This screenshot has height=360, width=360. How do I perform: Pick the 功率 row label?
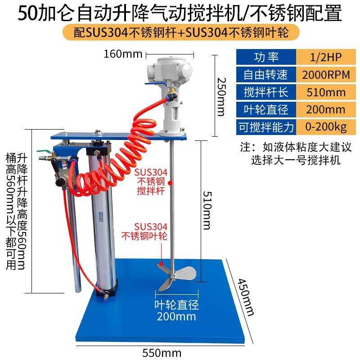pos(266,58)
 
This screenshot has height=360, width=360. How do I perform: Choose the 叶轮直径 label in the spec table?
pos(266,110)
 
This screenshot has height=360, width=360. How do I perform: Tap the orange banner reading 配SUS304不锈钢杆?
pos(180,33)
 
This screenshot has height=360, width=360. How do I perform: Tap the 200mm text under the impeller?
pos(176,316)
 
